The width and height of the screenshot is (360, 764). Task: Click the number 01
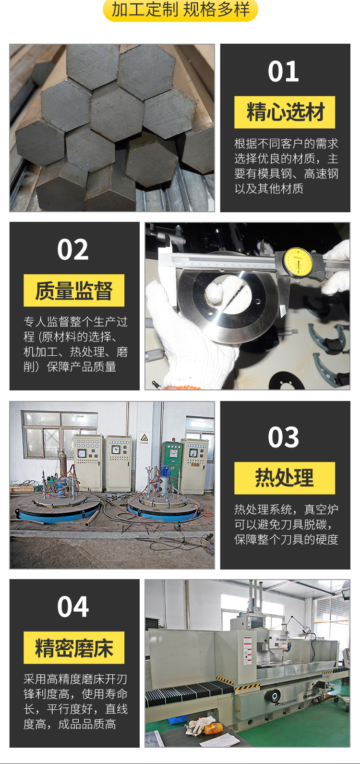point(283,71)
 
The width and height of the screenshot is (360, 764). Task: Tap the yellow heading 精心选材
point(285,112)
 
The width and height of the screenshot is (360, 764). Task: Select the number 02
point(72,249)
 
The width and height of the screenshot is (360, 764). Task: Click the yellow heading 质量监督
point(74,290)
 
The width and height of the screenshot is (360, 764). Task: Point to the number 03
point(283,437)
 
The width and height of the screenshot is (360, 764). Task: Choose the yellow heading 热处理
point(285,478)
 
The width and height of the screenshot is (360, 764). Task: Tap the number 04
point(72,607)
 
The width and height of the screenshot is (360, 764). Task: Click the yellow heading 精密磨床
point(74,647)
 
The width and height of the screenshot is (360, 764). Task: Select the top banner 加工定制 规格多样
point(180,10)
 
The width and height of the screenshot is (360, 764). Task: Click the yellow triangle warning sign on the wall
point(144,437)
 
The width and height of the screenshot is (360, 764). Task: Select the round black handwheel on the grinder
point(275,695)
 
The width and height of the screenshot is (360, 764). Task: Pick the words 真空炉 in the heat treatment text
point(321,509)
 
